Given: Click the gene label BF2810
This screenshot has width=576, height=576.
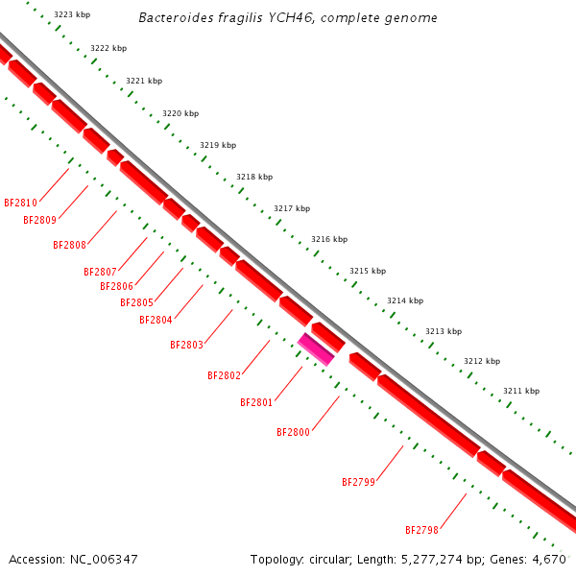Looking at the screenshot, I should pyautogui.click(x=20, y=203).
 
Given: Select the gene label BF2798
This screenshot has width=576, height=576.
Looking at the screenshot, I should pyautogui.click(x=421, y=530).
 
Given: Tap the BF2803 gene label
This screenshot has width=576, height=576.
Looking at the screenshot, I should pyautogui.click(x=186, y=345).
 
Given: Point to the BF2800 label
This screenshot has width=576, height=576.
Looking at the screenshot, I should pyautogui.click(x=293, y=432).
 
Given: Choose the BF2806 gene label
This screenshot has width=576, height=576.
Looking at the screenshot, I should pyautogui.click(x=116, y=286).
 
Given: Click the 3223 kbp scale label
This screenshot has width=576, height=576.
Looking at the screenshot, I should pyautogui.click(x=72, y=15).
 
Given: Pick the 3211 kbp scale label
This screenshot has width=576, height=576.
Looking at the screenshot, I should pyautogui.click(x=521, y=391).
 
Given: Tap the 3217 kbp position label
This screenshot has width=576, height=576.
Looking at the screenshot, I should pyautogui.click(x=292, y=208).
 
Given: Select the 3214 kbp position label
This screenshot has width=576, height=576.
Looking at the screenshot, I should pyautogui.click(x=405, y=300).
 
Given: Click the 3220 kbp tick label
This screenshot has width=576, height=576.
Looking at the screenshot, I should pyautogui.click(x=180, y=113).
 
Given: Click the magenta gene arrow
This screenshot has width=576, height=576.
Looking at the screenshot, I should pyautogui.click(x=316, y=348).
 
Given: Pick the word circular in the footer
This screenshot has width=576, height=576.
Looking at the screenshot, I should pyautogui.click(x=327, y=559).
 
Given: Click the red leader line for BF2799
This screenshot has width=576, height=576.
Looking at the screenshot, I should pyautogui.click(x=390, y=464).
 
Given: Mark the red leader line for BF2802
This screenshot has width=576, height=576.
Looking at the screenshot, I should pyautogui.click(x=256, y=356).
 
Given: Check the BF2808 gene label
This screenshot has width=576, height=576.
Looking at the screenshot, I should pyautogui.click(x=69, y=245).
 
